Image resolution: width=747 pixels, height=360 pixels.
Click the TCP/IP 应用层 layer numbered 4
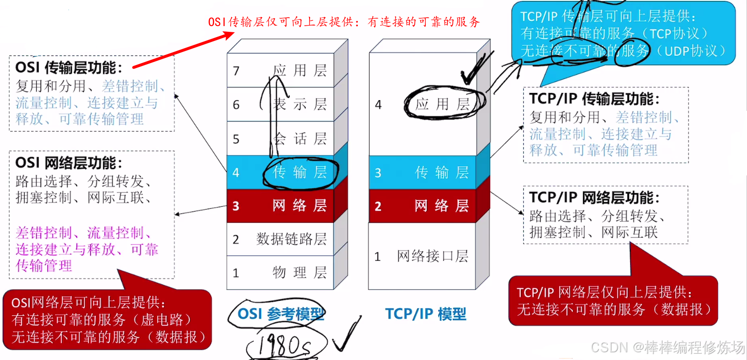click(422, 104)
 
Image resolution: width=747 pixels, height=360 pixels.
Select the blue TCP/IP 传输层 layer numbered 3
click(422, 173)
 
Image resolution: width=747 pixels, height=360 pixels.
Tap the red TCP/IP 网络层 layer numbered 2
click(422, 206)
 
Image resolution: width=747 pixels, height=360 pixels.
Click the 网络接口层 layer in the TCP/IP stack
click(422, 256)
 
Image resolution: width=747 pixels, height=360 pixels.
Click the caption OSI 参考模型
click(281, 314)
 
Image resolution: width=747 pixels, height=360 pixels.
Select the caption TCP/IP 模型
click(426, 314)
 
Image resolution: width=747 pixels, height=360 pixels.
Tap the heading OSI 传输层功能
click(69, 67)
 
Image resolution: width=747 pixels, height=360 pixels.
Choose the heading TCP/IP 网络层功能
click(594, 198)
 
